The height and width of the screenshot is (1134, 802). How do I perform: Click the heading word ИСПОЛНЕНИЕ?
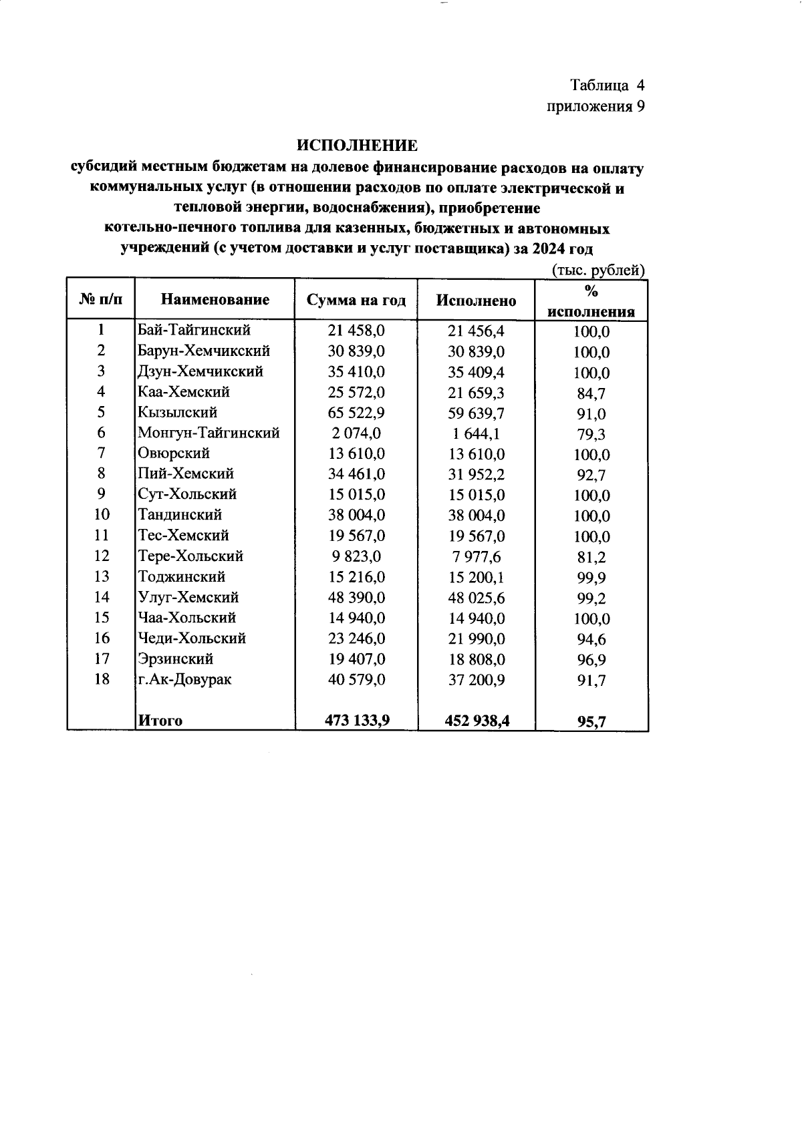coord(358,146)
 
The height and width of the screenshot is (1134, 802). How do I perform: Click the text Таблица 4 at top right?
coord(607,85)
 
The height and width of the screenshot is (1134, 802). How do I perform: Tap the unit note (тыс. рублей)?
coord(597,270)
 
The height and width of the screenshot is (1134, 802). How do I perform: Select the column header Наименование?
coord(215,300)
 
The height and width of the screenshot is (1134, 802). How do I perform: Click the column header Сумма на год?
coord(356,300)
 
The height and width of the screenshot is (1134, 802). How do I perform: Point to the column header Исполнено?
coord(476,301)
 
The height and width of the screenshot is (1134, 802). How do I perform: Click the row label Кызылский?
coord(178,413)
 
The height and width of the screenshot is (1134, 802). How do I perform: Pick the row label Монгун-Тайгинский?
coord(209,433)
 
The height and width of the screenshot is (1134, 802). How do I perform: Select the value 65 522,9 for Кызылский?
coord(356,413)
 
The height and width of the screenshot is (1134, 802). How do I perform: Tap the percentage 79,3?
coord(591,435)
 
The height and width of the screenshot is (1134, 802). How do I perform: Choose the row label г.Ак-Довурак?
coord(184,680)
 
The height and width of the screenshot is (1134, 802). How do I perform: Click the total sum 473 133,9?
coord(356,720)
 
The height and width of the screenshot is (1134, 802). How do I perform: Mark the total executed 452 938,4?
coord(477,721)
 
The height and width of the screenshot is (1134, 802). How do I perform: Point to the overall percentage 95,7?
coord(591,721)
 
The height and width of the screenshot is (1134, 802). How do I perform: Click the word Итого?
coord(160,721)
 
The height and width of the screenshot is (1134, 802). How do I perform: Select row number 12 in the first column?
coord(101,556)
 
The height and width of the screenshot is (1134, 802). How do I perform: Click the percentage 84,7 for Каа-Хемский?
coord(591,393)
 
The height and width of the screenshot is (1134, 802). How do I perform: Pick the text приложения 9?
coord(595,106)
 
